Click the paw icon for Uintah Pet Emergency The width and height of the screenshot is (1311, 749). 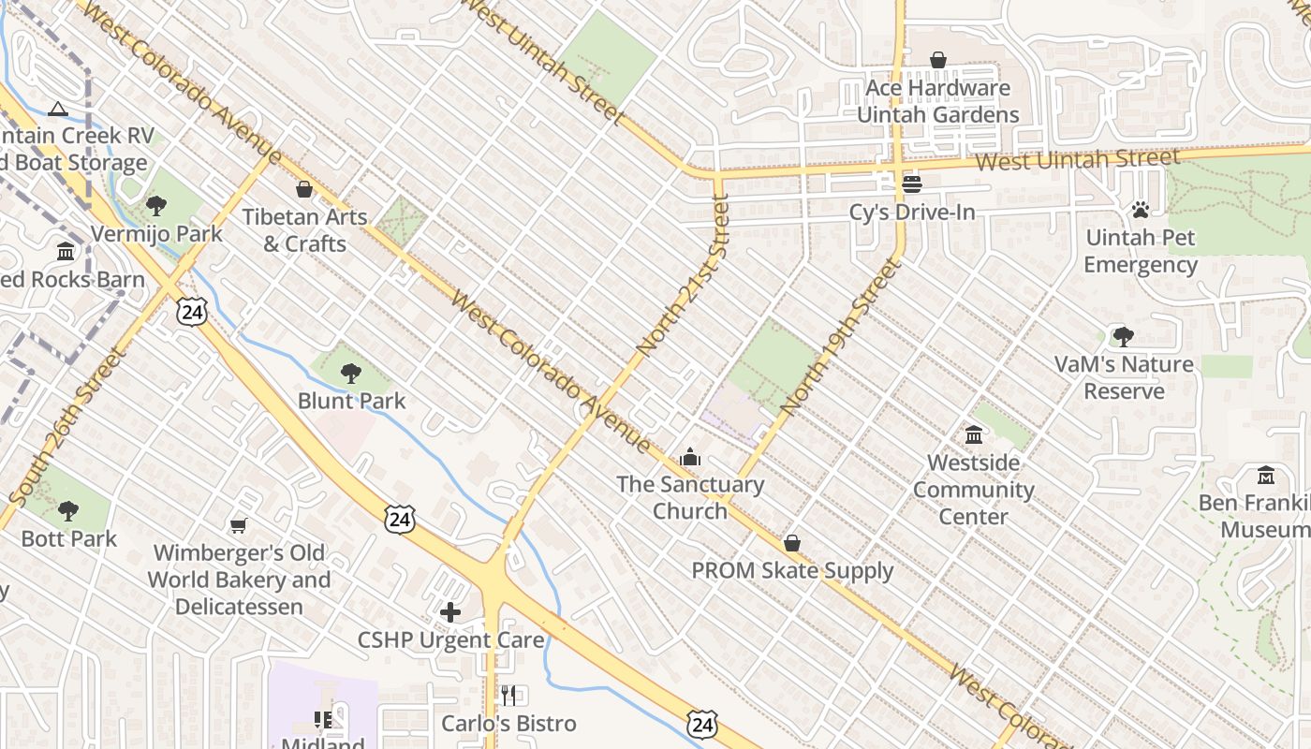(x=1140, y=210)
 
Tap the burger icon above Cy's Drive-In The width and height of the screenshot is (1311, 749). (x=912, y=184)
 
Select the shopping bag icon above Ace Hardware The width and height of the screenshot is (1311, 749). (x=937, y=61)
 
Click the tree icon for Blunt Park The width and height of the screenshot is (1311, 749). (x=351, y=374)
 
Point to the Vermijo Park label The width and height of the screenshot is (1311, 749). (x=156, y=233)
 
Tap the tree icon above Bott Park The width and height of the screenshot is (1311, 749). (x=68, y=511)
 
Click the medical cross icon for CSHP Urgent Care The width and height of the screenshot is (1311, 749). (x=450, y=612)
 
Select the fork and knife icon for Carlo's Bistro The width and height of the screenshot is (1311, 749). (x=508, y=695)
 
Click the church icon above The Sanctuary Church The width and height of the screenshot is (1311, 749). (x=690, y=457)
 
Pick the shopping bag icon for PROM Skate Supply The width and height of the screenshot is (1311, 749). (x=792, y=543)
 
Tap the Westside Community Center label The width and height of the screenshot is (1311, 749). (x=974, y=489)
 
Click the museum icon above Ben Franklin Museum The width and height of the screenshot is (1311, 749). (x=1266, y=476)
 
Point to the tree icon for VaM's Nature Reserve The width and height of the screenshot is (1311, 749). (x=1123, y=337)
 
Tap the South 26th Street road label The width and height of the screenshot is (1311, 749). (x=65, y=426)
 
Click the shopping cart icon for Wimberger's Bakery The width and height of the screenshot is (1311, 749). (x=239, y=526)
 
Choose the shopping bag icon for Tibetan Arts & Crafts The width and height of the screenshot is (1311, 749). (x=304, y=190)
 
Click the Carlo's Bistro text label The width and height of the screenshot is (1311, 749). (x=508, y=723)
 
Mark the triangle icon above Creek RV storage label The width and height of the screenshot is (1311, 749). (x=58, y=109)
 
